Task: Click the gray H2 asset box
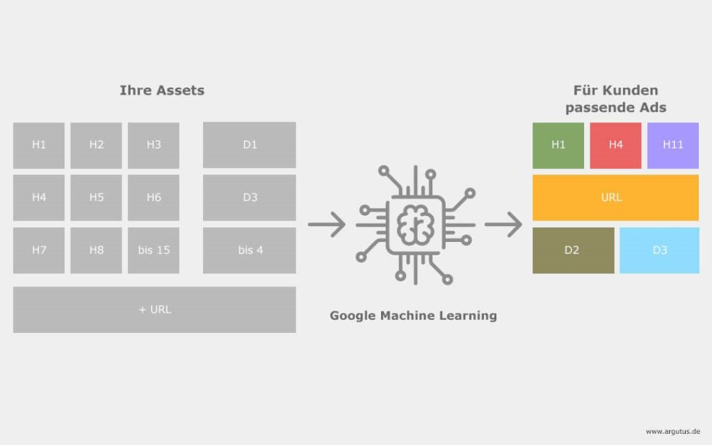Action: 96,145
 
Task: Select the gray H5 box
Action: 96,197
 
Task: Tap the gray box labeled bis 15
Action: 154,250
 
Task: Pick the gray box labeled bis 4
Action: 250,250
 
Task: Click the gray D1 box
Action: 250,145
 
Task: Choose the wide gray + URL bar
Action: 154,309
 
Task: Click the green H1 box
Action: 558,145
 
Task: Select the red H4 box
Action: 615,145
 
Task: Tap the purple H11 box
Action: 673,145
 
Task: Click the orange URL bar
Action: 616,197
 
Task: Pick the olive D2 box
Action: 573,250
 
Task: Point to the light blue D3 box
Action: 659,250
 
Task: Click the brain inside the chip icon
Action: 415,225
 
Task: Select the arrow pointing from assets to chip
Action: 327,225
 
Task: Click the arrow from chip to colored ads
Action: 503,225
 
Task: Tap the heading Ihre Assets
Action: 162,90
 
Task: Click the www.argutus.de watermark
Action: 673,431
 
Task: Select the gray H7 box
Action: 39,250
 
